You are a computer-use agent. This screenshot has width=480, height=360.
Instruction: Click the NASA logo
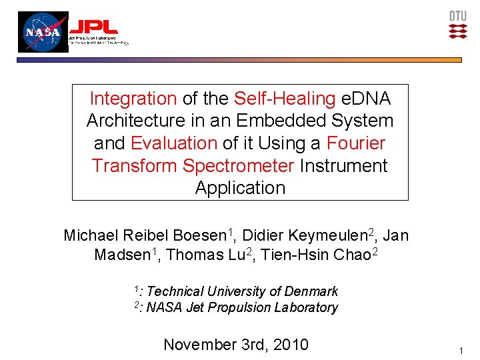[43, 32]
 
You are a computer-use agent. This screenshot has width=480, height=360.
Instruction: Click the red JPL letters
[94, 27]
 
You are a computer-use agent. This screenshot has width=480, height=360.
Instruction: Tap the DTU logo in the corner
[457, 24]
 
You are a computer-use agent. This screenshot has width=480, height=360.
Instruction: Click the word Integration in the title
[133, 99]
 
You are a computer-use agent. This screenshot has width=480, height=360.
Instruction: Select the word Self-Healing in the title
[285, 99]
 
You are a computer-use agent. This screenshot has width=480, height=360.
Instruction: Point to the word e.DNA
[365, 99]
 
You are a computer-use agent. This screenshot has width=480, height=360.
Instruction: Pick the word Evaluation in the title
[174, 143]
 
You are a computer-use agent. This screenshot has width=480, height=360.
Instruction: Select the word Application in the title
[240, 188]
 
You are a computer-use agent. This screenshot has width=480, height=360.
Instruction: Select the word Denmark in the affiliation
[311, 291]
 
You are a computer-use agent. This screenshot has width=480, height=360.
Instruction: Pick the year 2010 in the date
[290, 345]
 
